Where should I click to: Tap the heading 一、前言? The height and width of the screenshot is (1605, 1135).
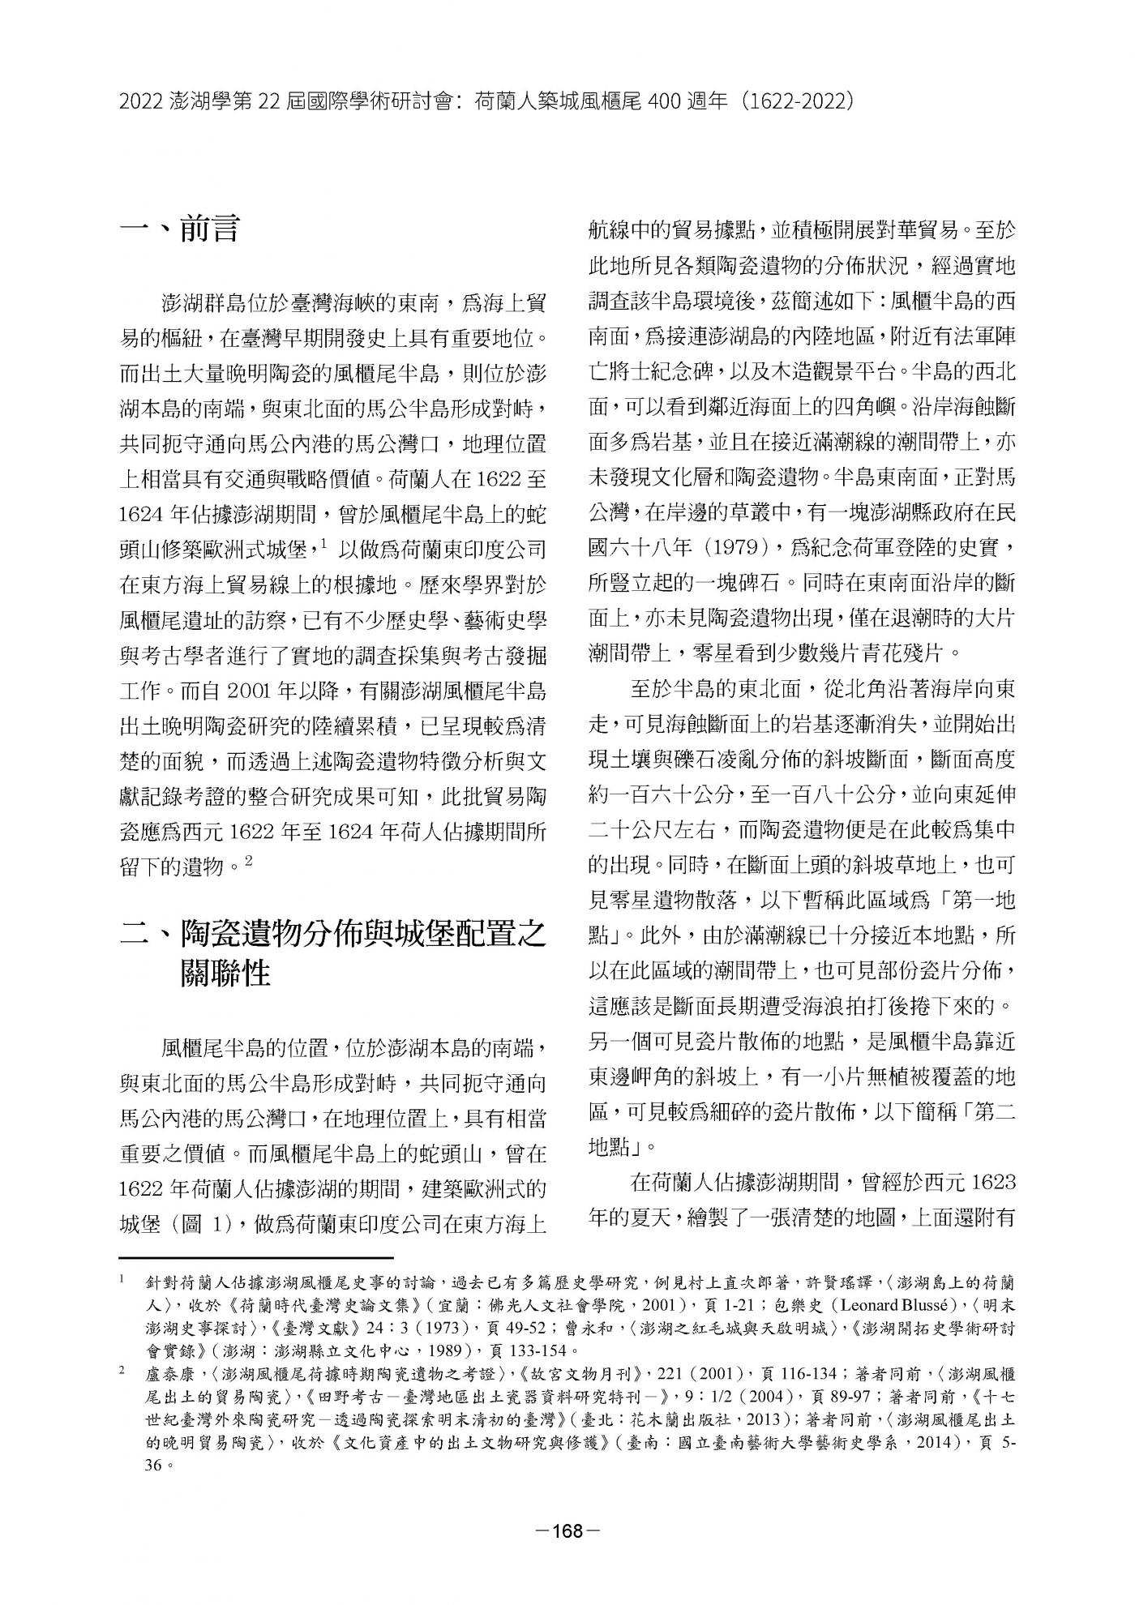point(179,229)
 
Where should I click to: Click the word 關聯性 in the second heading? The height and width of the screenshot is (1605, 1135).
point(226,973)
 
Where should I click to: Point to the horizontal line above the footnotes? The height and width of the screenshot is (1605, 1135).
point(256,1258)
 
